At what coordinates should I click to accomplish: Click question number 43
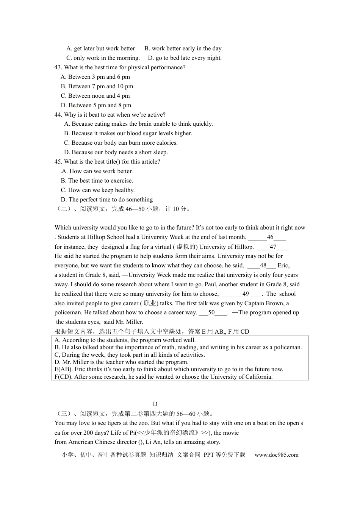click(58, 67)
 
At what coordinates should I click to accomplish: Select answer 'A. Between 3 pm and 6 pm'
click(95, 77)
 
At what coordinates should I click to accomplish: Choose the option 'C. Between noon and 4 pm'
click(95, 96)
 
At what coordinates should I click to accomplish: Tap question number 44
click(58, 115)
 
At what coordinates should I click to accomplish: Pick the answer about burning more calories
click(121, 143)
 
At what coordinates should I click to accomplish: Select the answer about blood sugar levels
click(128, 133)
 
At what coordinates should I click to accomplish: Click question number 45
click(58, 162)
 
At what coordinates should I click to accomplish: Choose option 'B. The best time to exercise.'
click(97, 181)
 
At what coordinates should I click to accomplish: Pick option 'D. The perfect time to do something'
click(106, 200)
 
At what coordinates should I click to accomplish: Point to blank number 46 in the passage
click(270, 237)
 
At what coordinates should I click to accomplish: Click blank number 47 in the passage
click(273, 247)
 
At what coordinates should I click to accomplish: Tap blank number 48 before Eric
click(263, 265)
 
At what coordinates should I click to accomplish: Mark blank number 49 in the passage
click(246, 294)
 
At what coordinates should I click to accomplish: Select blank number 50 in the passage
click(211, 312)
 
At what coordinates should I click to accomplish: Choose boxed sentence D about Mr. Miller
click(121, 362)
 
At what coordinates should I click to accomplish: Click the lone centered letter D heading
click(155, 404)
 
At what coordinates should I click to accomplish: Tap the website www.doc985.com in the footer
click(276, 455)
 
